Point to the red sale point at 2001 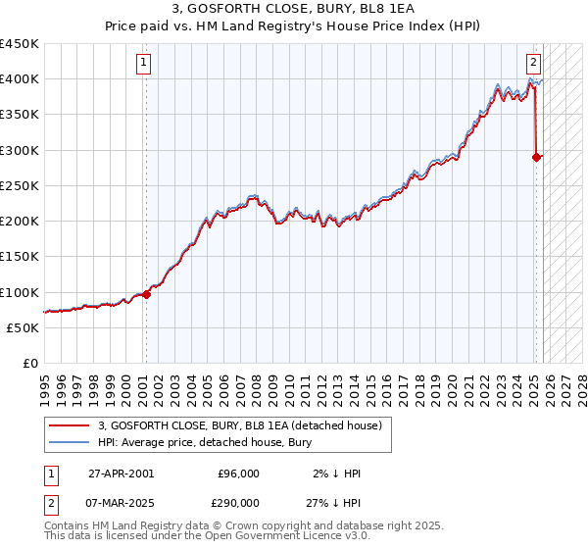click(146, 294)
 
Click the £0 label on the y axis click(30, 363)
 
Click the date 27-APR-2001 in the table click(121, 474)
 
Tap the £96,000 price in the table click(238, 474)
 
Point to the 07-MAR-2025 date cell click(121, 501)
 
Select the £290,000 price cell click(238, 501)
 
